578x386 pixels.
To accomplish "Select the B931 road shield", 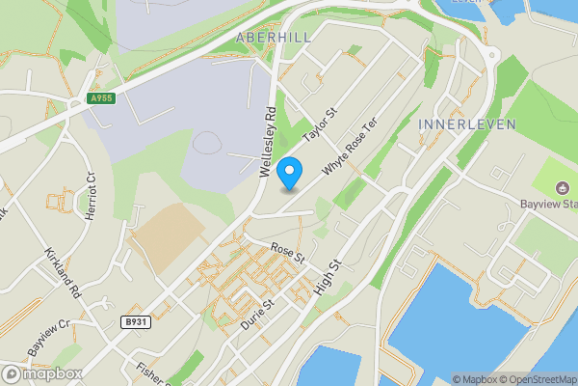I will [138, 322].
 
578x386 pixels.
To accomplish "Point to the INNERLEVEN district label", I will [467, 124].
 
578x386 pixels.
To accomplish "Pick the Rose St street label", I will [287, 253].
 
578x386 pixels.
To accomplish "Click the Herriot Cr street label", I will [92, 196].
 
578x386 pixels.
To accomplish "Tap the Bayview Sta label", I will [548, 205].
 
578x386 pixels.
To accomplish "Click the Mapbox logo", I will [41, 373].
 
